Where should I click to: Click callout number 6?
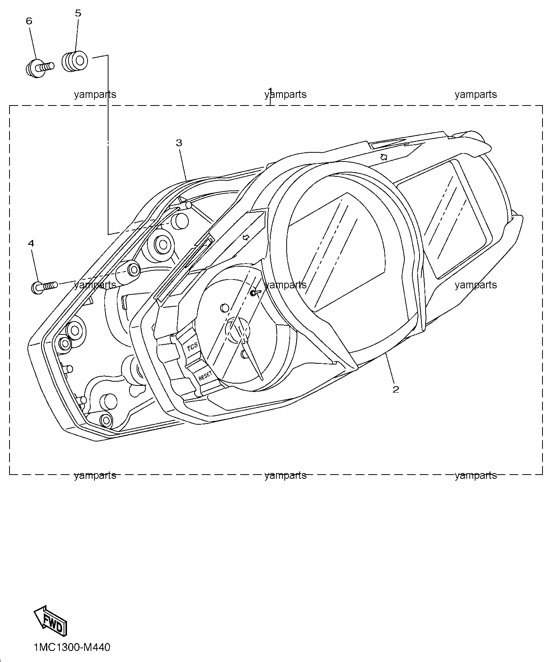(29, 21)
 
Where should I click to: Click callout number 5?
(78, 13)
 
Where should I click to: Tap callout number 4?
(31, 243)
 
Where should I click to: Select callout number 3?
(179, 143)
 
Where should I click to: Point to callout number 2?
(396, 389)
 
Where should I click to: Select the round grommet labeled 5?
(75, 61)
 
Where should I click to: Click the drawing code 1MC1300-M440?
(72, 647)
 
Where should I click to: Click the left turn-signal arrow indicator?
(246, 238)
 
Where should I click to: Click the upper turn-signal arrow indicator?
(384, 157)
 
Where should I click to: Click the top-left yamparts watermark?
(95, 94)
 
